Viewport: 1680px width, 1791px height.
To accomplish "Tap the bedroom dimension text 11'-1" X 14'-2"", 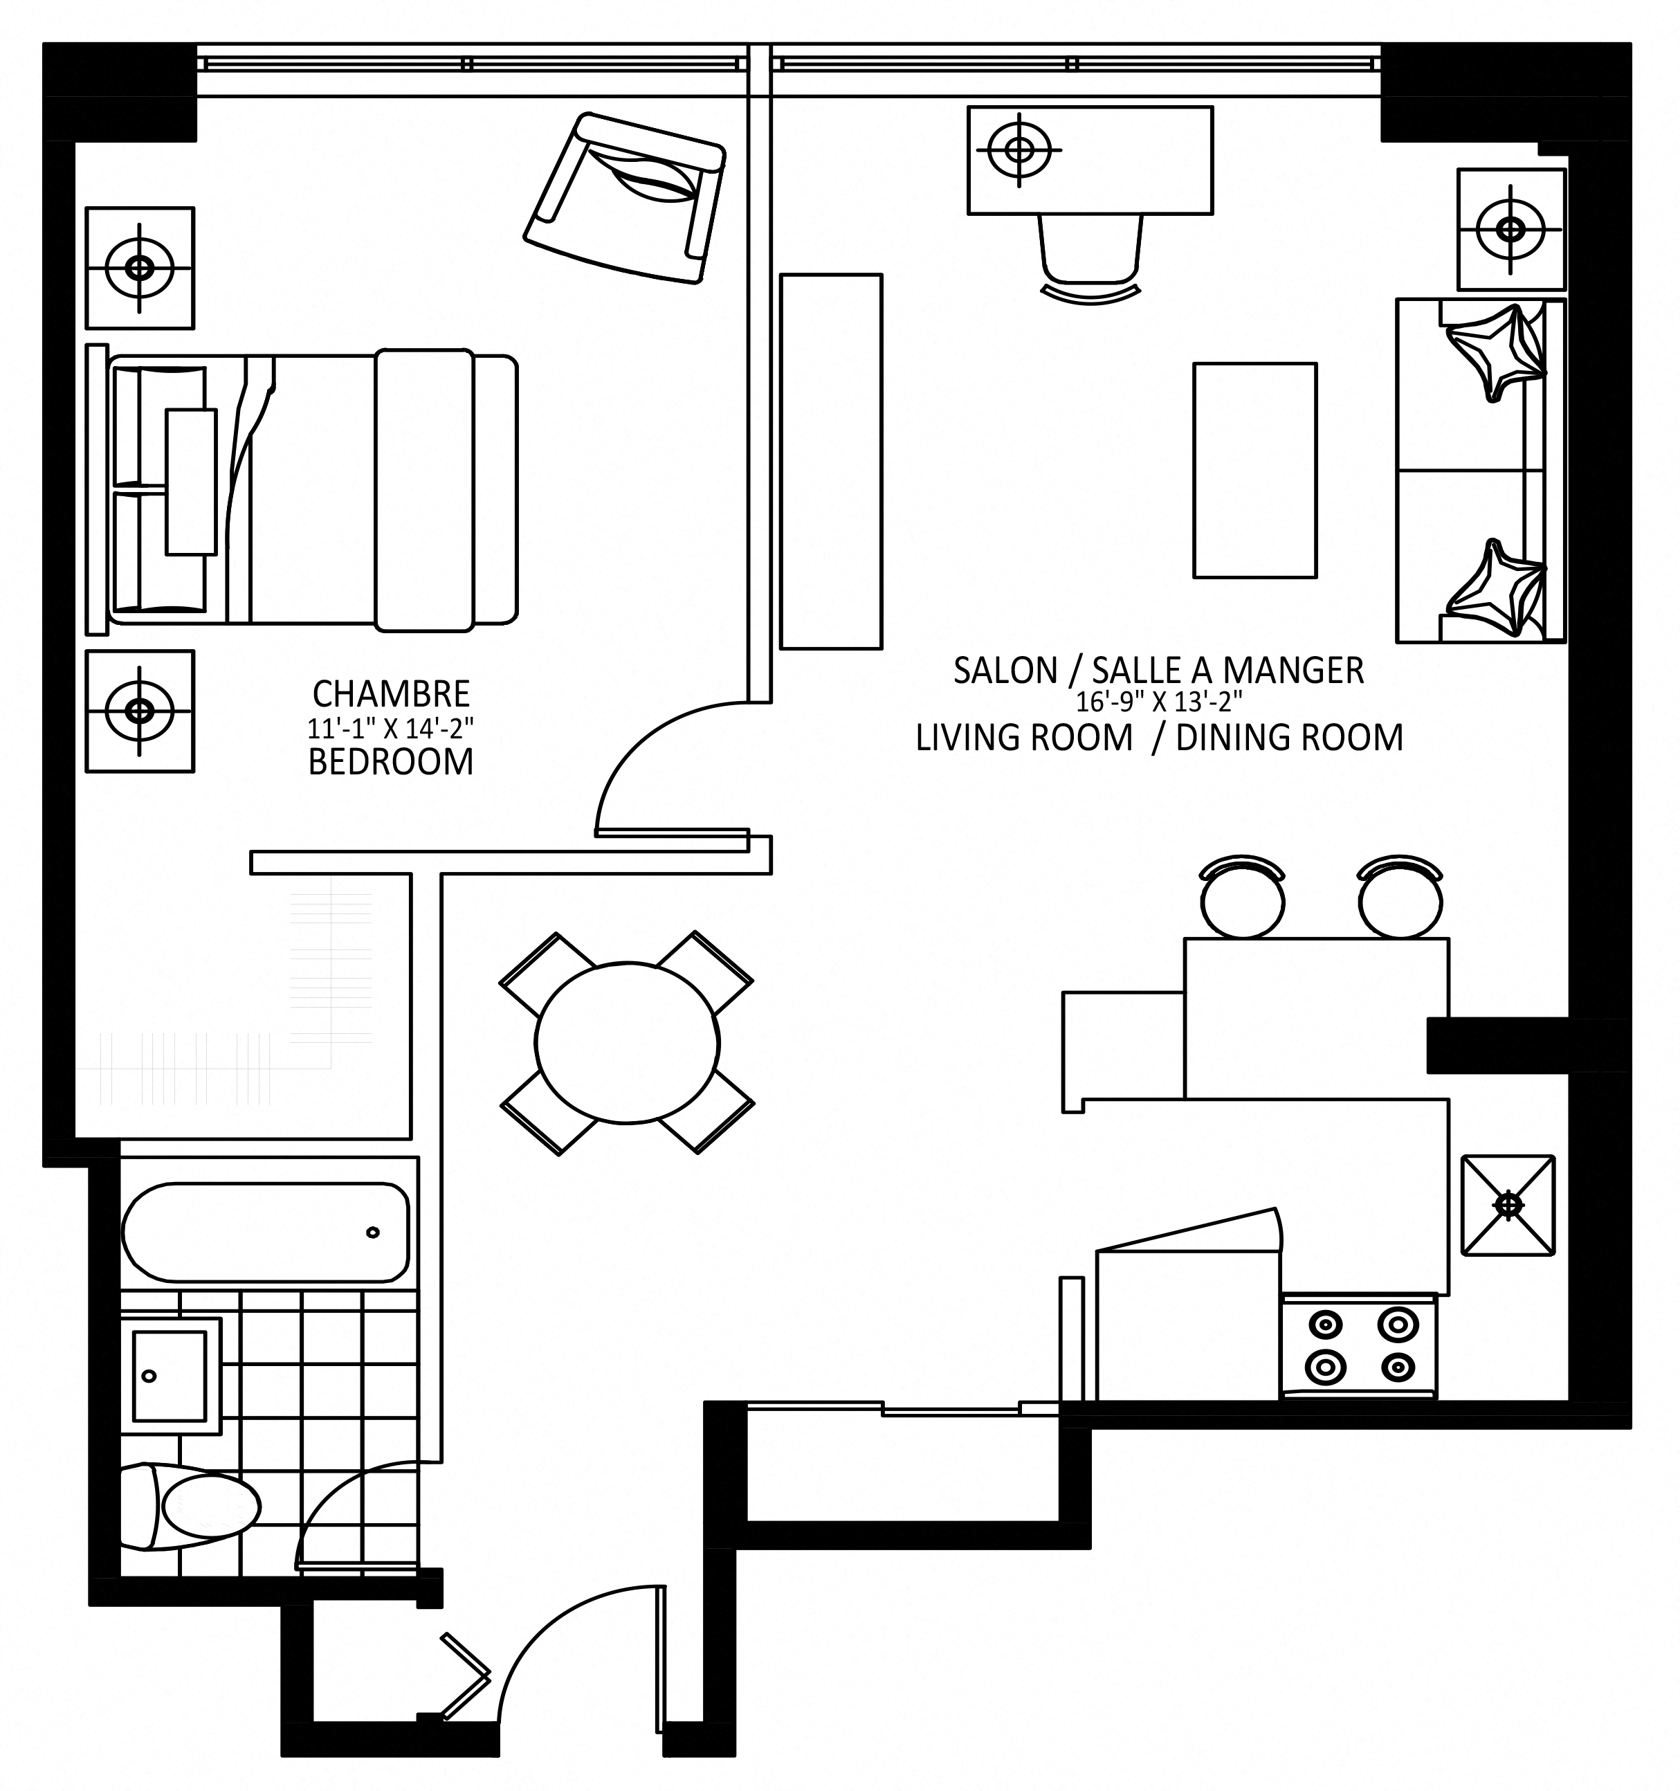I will [x=391, y=728].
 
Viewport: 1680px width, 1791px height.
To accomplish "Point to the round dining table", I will [x=627, y=1043].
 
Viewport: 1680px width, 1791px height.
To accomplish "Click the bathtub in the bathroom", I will [x=265, y=1233].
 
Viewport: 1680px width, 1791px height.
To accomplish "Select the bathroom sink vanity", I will [x=171, y=1376].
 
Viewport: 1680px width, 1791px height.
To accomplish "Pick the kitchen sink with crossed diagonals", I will [x=1508, y=1206].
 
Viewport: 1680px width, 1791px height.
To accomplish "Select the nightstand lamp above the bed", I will [x=140, y=268].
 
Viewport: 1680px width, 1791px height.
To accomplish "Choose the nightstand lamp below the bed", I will [x=140, y=711].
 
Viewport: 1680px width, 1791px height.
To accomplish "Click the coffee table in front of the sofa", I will [x=1255, y=471].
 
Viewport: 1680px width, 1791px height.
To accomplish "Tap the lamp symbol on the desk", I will [x=1019, y=149].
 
